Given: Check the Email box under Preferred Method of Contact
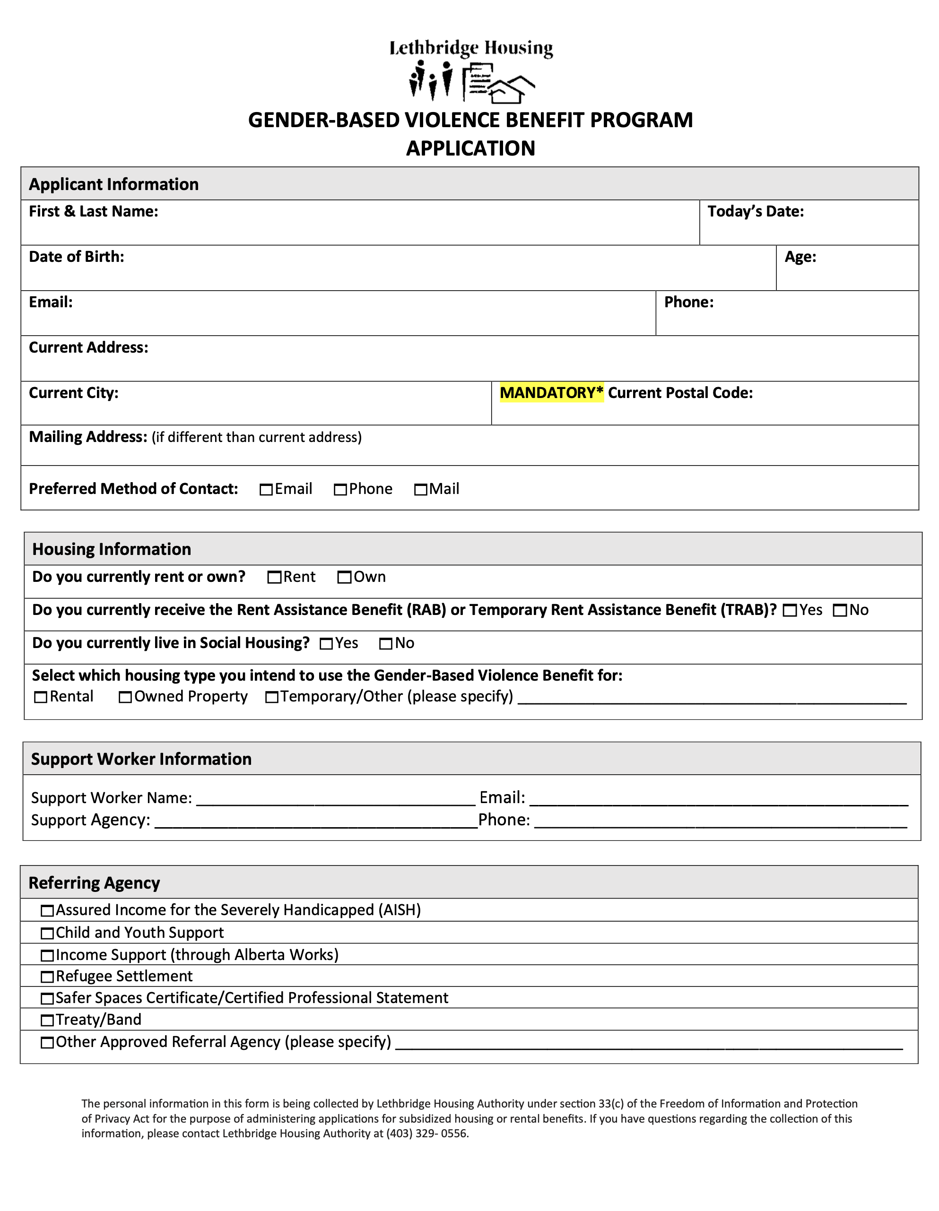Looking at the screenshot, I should [266, 490].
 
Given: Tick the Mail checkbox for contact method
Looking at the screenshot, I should [420, 490].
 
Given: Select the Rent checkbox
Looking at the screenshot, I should [274, 577].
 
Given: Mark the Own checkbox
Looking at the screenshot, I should [344, 577].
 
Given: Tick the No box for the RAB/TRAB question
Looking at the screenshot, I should [840, 611].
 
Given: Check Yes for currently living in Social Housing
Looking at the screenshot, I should [326, 644].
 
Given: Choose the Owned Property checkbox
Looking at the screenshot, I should [125, 697].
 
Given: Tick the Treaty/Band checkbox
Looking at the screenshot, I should [48, 1020].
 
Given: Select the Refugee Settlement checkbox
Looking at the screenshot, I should [48, 977].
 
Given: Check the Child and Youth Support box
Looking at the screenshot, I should [48, 933].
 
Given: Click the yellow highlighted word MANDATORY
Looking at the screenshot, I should [551, 393].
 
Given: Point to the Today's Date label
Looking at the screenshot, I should [756, 211].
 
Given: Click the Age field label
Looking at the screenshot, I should [800, 257].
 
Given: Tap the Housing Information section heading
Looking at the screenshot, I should [112, 549].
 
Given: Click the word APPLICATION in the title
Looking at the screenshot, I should [470, 148].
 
